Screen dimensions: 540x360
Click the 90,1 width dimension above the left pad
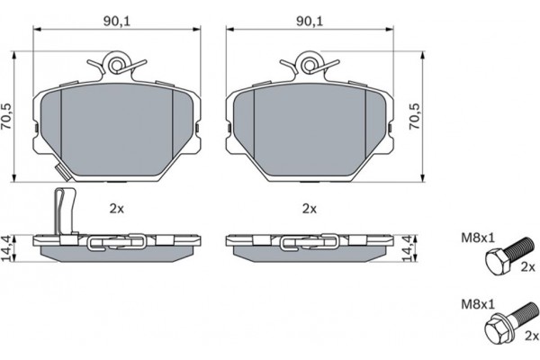(x=116, y=22)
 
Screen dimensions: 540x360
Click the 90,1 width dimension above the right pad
(x=310, y=22)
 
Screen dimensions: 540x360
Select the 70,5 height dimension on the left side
(x=6, y=116)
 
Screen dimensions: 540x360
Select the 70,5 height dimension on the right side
(x=415, y=116)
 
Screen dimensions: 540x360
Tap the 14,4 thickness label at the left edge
(x=6, y=248)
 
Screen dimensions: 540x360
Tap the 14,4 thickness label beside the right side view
(x=408, y=248)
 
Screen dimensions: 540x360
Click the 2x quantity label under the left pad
(x=116, y=209)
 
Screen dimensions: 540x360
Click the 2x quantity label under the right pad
(x=310, y=209)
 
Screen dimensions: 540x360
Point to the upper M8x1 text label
(x=477, y=238)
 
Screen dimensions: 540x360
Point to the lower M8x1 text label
(x=477, y=304)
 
